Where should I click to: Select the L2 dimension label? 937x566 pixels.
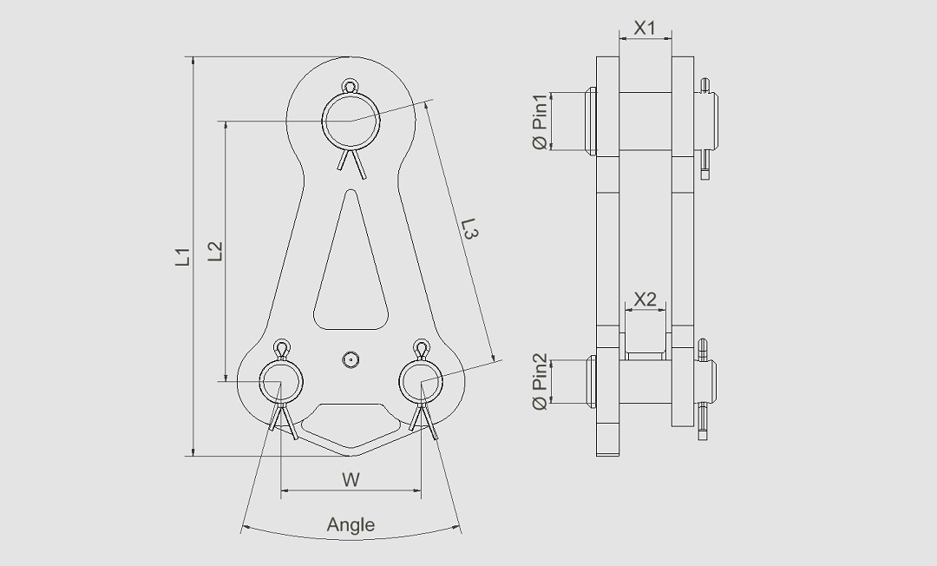click(x=216, y=251)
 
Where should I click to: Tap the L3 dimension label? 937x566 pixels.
click(x=469, y=229)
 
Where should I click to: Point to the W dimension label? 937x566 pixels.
click(x=351, y=479)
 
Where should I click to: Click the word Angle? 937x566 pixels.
click(x=351, y=524)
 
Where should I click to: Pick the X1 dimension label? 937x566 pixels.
click(x=645, y=28)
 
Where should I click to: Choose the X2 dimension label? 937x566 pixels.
click(x=645, y=299)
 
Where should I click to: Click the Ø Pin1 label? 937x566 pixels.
click(x=540, y=121)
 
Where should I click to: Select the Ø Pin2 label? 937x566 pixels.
click(x=540, y=381)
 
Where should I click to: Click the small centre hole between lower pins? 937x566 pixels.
click(x=351, y=359)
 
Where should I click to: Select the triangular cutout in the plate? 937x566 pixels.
click(x=351, y=278)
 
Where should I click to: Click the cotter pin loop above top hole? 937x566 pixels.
click(x=351, y=86)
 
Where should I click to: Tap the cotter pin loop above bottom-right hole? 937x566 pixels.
click(x=422, y=349)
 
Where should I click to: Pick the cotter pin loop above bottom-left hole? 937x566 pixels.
click(x=281, y=349)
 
